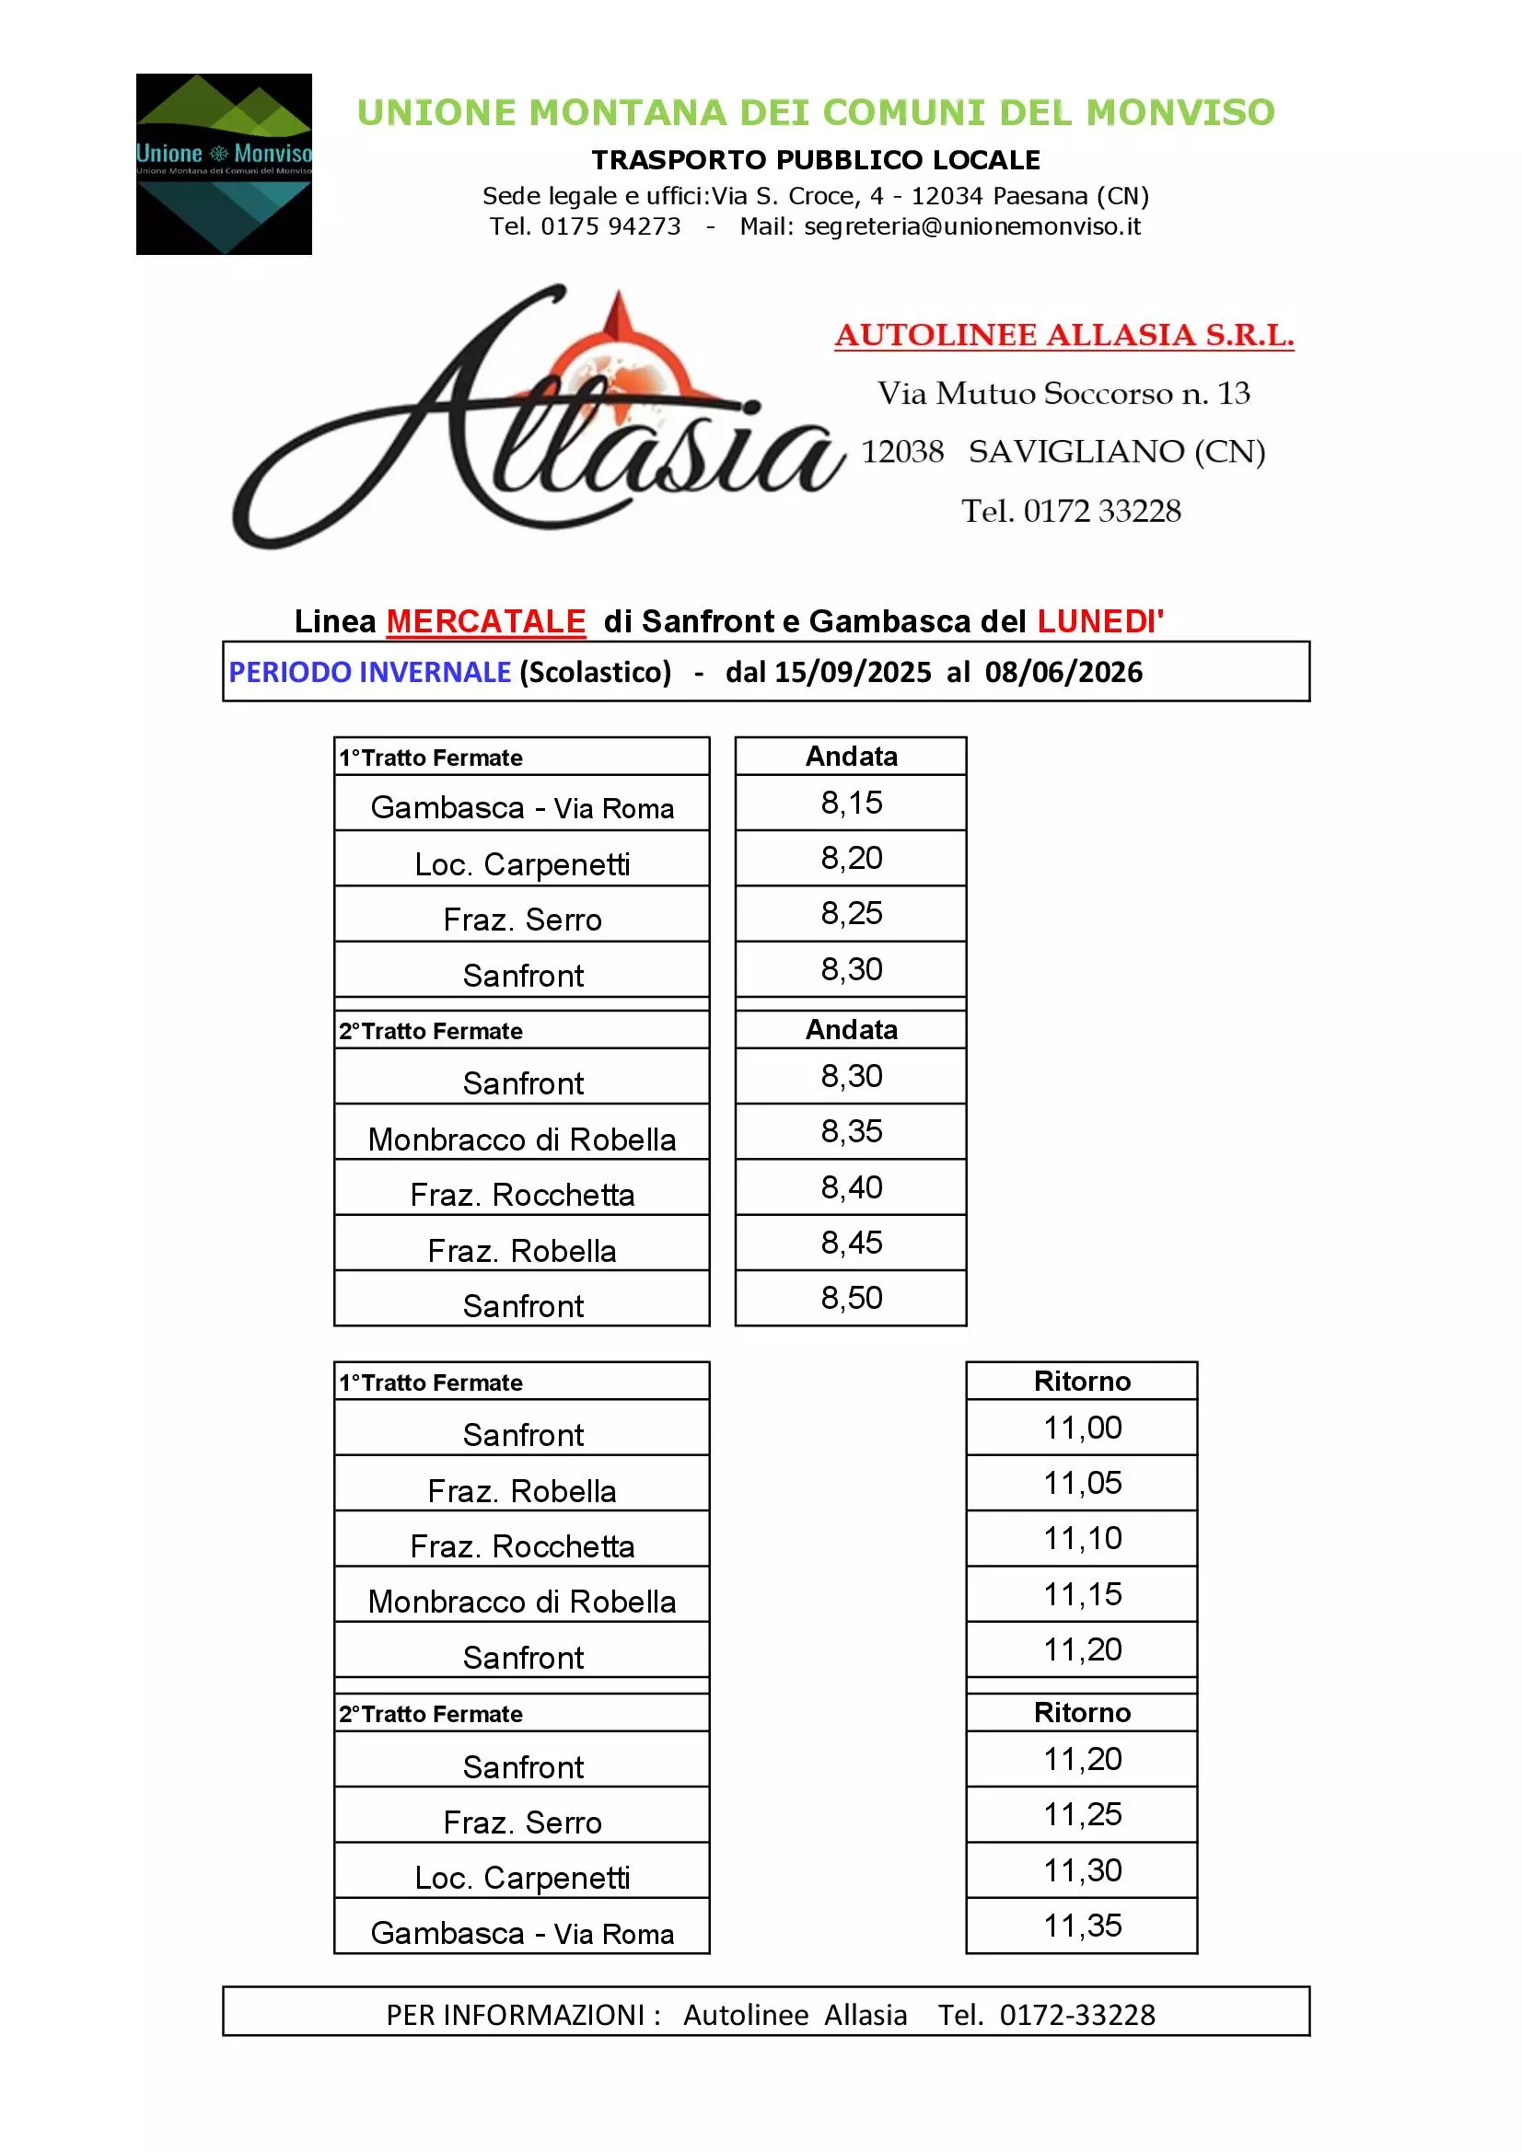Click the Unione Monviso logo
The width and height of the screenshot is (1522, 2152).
pyautogui.click(x=223, y=164)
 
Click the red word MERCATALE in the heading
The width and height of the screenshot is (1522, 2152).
pyautogui.click(x=486, y=621)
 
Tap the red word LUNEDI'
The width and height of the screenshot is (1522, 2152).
pyautogui.click(x=1100, y=621)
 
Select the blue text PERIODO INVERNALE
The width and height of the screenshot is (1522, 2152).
pyautogui.click(x=369, y=672)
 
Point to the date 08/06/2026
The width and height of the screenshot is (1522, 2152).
pyautogui.click(x=1063, y=672)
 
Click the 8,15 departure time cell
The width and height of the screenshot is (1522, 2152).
pyautogui.click(x=851, y=804)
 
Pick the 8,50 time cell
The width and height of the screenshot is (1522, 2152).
pyautogui.click(x=851, y=1298)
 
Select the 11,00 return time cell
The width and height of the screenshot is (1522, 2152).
pyautogui.click(x=1082, y=1428)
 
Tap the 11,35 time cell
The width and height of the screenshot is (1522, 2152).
pyautogui.click(x=1082, y=1926)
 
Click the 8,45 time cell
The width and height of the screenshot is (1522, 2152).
pyautogui.click(x=851, y=1243)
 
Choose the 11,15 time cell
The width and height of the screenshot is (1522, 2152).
pyautogui.click(x=1082, y=1594)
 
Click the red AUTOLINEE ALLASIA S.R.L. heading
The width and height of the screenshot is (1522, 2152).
pyautogui.click(x=1063, y=335)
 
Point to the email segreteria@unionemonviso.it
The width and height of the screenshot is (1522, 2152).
pyautogui.click(x=971, y=226)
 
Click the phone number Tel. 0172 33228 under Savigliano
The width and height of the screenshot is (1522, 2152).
pyautogui.click(x=1071, y=511)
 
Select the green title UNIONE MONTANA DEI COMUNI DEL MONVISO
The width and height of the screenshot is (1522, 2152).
pyautogui.click(x=816, y=112)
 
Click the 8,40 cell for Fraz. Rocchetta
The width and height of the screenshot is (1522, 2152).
pyautogui.click(x=851, y=1187)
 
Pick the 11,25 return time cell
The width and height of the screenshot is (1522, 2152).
pyautogui.click(x=1082, y=1814)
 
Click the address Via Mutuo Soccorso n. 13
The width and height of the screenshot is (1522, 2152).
pyautogui.click(x=1063, y=393)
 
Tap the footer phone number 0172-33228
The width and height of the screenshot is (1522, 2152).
pyautogui.click(x=1076, y=2014)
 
